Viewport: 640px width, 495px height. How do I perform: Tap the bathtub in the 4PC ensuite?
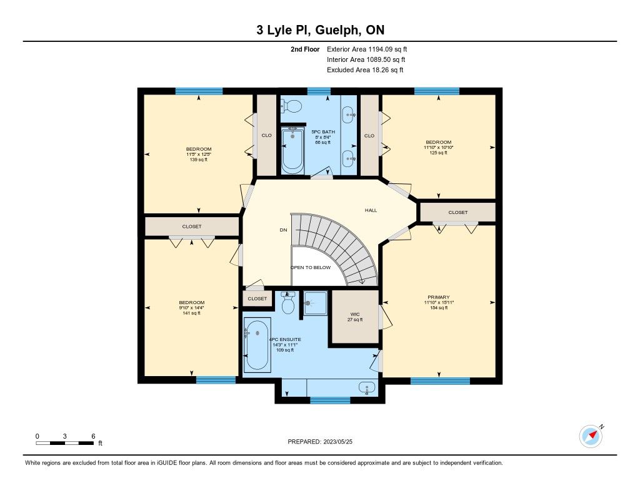click(x=256, y=345)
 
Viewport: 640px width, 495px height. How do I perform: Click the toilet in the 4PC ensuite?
click(x=288, y=303)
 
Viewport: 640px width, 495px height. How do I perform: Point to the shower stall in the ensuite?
click(x=316, y=304)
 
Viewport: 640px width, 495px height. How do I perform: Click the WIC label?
click(x=355, y=314)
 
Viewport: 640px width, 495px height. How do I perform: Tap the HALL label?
click(x=371, y=210)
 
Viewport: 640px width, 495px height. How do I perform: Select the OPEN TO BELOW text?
click(x=311, y=267)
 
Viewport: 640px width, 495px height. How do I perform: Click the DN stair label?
click(x=283, y=230)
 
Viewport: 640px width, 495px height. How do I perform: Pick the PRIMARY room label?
click(x=439, y=297)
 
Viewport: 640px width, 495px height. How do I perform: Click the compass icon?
click(x=591, y=436)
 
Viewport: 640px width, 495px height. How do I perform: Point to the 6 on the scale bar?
click(x=93, y=436)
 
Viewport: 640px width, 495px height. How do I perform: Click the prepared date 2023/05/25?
click(x=338, y=441)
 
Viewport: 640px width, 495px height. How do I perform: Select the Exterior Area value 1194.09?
click(x=381, y=49)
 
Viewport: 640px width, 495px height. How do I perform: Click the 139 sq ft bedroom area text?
click(x=199, y=160)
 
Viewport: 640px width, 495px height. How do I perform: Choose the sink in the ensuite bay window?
click(x=367, y=389)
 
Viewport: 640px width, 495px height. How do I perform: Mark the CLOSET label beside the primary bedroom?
click(x=458, y=212)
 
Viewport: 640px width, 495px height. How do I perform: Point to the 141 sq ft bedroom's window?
click(x=216, y=380)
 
